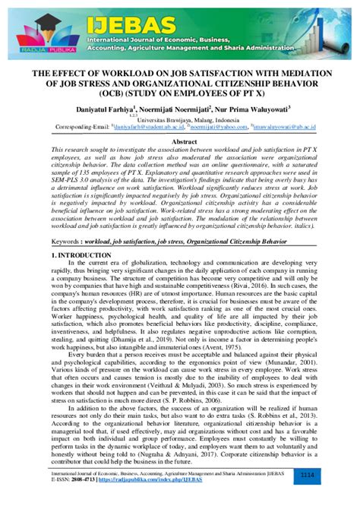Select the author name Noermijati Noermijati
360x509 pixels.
(175, 109)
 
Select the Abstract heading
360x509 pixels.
(180, 142)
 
